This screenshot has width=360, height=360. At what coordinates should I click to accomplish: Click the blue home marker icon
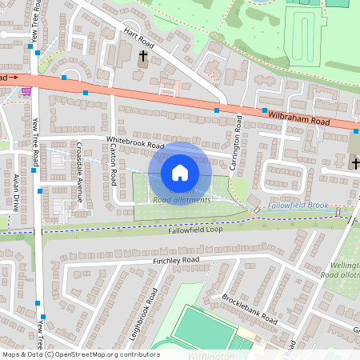point(180,173)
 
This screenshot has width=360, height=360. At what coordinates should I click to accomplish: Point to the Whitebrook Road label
point(135,144)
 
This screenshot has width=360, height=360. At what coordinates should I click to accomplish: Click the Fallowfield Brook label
point(298,206)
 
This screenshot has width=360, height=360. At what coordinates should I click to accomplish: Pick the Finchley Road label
point(175,261)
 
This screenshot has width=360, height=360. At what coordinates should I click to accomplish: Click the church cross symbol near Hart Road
point(144,57)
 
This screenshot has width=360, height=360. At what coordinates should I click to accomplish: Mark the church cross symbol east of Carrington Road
point(354,163)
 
